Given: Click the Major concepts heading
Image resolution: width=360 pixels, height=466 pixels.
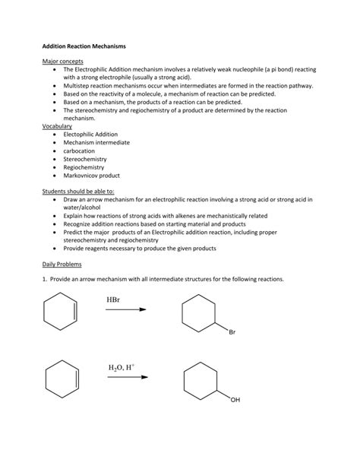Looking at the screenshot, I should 62,61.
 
